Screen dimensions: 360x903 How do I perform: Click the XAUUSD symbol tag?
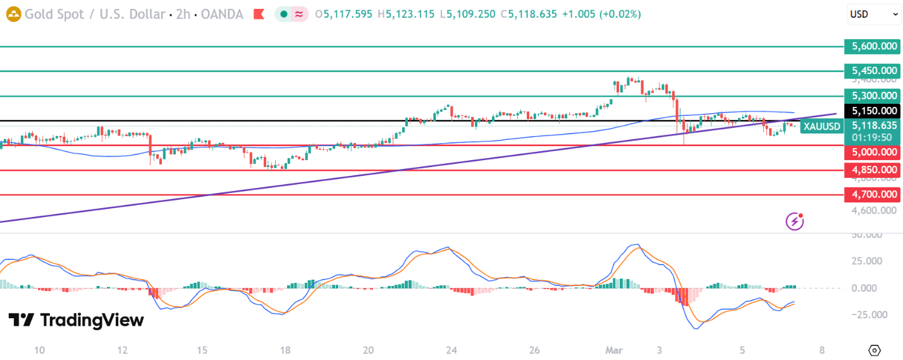tap(822, 127)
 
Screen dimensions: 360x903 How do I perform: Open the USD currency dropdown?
tap(874, 14)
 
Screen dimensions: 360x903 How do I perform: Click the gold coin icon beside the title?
tap(13, 14)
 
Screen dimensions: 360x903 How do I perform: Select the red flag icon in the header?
tap(259, 14)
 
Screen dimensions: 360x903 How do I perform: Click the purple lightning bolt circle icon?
tap(795, 221)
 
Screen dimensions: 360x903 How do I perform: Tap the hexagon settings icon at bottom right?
tap(875, 350)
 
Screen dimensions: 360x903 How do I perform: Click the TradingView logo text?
tap(76, 320)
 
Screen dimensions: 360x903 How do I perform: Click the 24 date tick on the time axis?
tap(451, 350)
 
